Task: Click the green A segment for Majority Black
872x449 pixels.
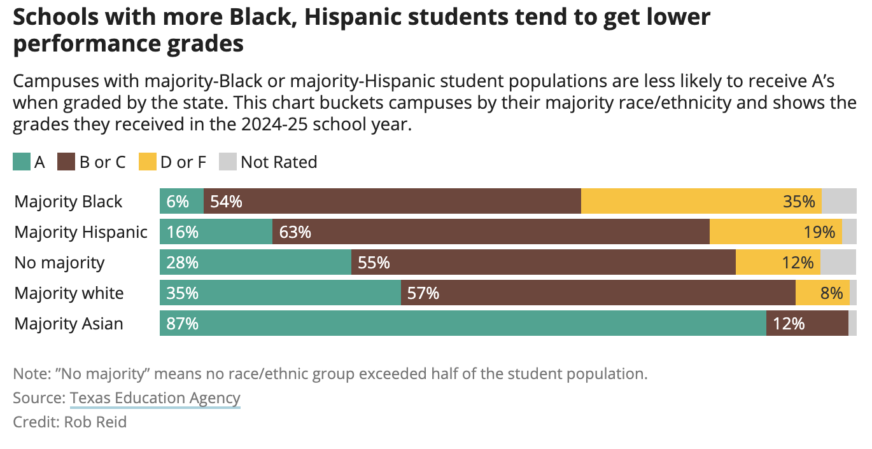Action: [x=181, y=201]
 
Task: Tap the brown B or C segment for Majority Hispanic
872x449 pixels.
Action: [x=490, y=231]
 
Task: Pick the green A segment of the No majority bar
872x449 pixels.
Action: [x=255, y=262]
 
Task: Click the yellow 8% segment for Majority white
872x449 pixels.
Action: [x=822, y=293]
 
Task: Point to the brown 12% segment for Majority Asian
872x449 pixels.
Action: [x=807, y=323]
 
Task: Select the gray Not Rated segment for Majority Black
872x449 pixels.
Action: [x=839, y=201]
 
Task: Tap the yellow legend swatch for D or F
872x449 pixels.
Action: [x=148, y=162]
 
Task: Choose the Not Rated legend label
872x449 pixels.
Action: [x=278, y=162]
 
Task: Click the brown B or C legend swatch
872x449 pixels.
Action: [x=67, y=162]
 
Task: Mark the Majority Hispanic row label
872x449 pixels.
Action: [x=81, y=231]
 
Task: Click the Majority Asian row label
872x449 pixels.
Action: [x=69, y=323]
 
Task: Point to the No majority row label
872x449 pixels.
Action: [x=59, y=262]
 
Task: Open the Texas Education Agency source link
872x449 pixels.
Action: [x=155, y=398]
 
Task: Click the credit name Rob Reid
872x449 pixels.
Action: [x=95, y=422]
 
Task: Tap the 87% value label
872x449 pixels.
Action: [x=183, y=323]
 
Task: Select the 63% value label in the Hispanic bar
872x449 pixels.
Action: [x=295, y=231]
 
